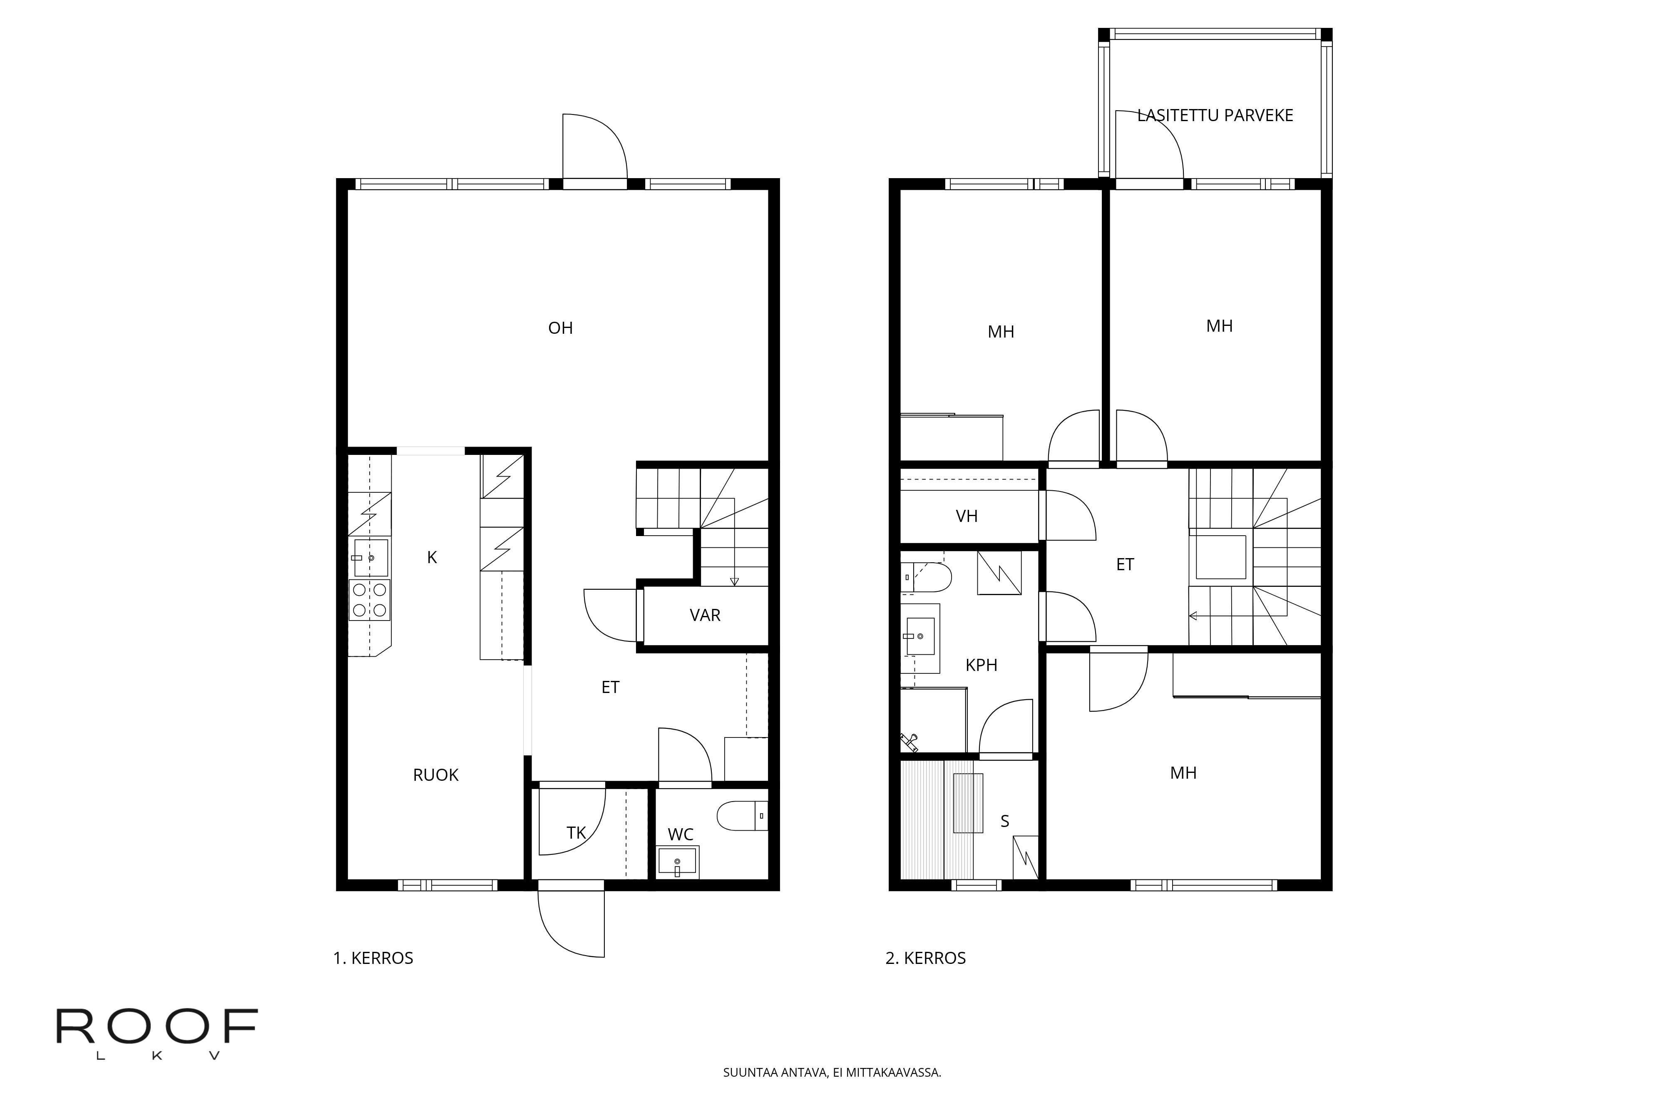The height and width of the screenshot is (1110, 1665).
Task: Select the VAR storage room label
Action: point(705,615)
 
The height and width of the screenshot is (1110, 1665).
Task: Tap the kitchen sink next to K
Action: point(370,558)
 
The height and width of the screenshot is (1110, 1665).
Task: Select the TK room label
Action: point(576,833)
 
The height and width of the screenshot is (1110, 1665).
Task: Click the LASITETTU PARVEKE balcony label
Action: point(1215,115)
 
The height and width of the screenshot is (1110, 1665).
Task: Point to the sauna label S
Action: point(1004,821)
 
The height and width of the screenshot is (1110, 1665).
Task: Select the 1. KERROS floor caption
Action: point(373,959)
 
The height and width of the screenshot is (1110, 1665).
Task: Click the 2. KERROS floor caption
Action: point(925,959)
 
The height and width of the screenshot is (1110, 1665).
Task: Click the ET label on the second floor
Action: point(1125,565)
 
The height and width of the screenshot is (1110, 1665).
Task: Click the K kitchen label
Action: point(432,558)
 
